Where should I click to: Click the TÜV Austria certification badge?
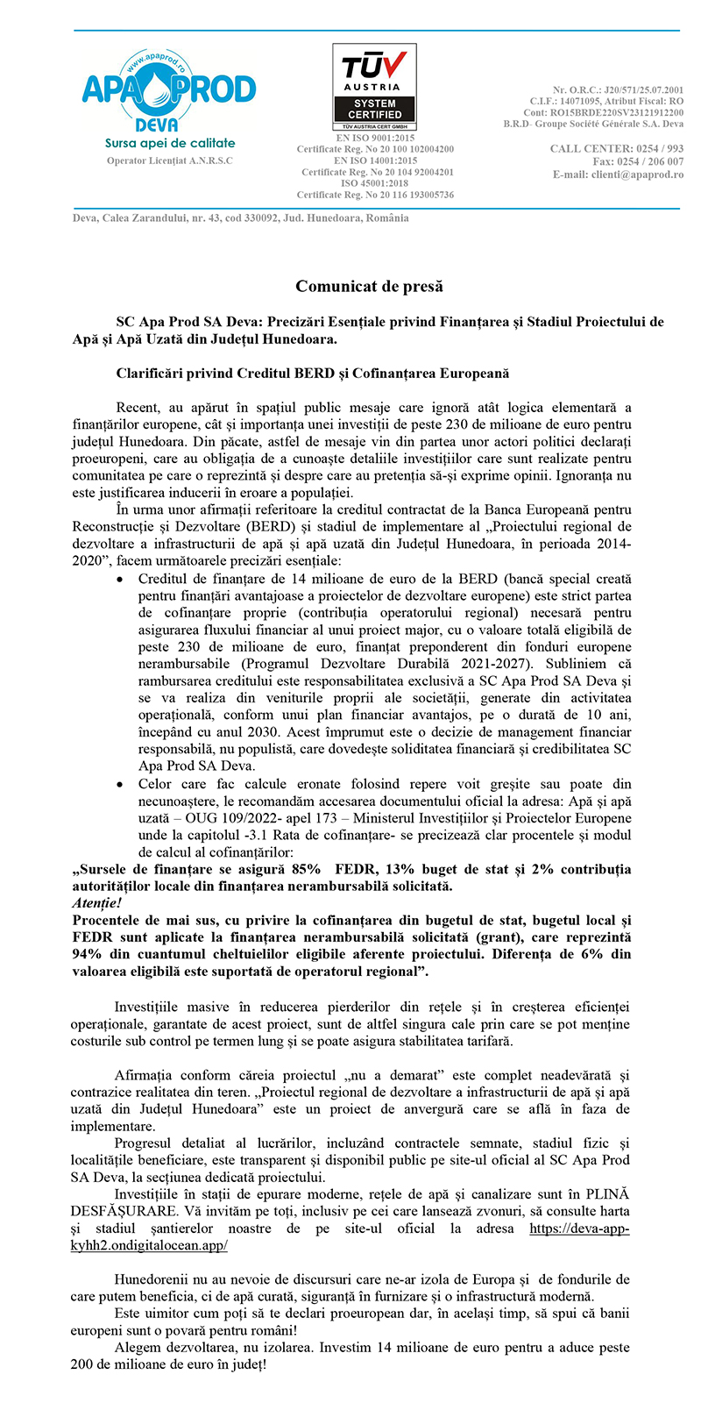tap(374, 88)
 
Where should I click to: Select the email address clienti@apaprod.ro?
tap(618, 174)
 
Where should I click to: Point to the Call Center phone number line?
tap(617, 149)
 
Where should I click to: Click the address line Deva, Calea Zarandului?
tap(240, 218)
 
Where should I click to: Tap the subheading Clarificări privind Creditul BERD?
tap(312, 373)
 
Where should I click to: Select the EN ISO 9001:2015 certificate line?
tap(376, 139)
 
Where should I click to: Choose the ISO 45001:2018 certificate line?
tap(376, 183)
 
